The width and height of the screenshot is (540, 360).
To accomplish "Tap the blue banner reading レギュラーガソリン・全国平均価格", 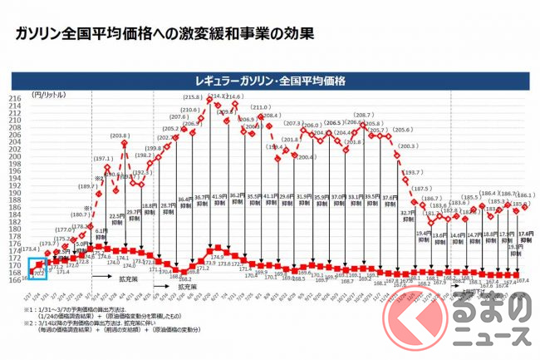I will point(270,81).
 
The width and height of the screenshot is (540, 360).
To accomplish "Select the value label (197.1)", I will point(102,158).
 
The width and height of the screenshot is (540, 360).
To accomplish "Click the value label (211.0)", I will point(261,108).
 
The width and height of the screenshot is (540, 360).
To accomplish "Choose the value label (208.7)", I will point(363,116).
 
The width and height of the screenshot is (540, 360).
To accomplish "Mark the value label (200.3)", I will point(407,146).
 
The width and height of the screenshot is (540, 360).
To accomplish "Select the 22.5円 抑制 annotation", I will point(117,218).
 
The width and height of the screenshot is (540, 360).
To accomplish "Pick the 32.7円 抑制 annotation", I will point(408,215).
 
